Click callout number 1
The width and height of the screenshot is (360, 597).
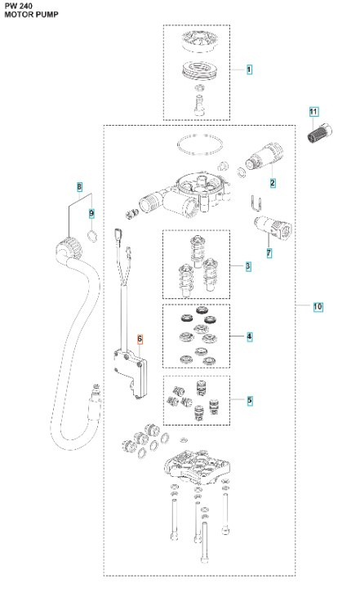pos(249,71)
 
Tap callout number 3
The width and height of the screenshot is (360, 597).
pos(248,266)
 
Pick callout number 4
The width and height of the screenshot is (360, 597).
pos(249,336)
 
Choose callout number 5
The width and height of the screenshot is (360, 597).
pos(249,400)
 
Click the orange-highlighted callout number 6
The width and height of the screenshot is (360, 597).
pos(140,339)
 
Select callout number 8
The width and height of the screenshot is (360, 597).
pos(79,187)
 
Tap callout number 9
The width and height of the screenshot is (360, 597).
pos(91,214)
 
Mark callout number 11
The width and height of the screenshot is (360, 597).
pos(313,110)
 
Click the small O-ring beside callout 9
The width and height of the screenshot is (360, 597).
pos(93,236)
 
